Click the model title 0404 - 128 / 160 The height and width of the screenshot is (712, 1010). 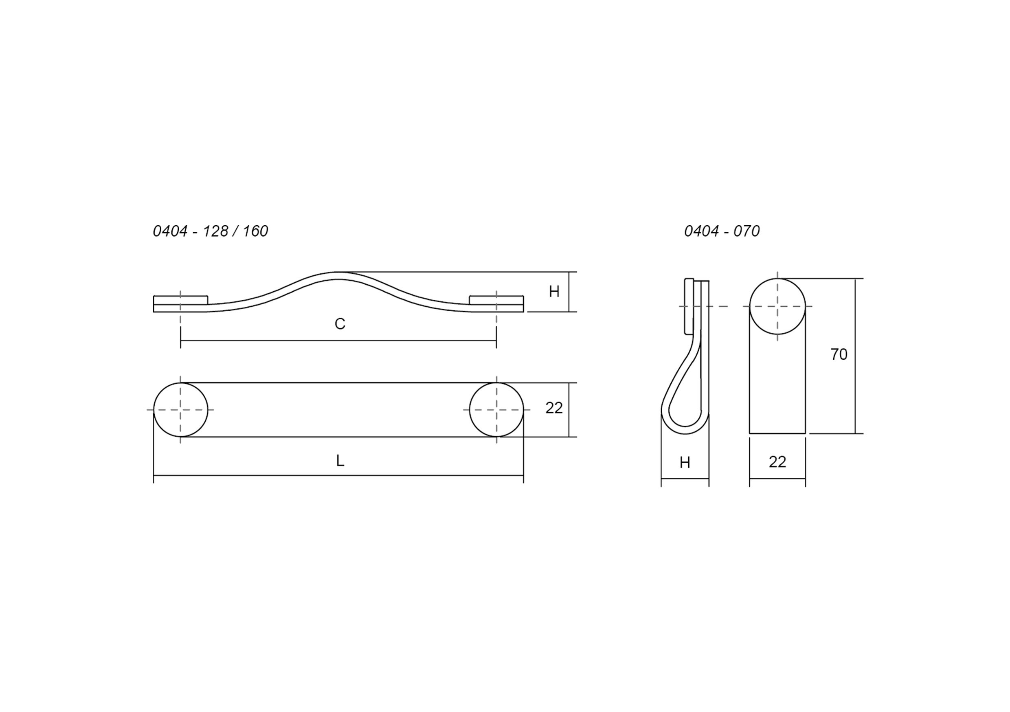tap(210, 231)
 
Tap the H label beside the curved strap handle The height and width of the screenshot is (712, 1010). tap(554, 291)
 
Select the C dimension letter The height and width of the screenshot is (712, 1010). tap(340, 324)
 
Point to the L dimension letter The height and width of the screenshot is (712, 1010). tap(340, 461)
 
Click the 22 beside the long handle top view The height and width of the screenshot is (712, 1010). tap(554, 408)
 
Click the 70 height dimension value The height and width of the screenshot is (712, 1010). tap(839, 354)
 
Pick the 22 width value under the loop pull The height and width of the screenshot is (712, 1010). tap(777, 461)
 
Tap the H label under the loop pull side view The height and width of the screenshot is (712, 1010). tap(685, 462)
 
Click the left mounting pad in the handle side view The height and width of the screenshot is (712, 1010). tap(180, 300)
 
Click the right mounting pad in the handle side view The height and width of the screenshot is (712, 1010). tap(496, 300)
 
